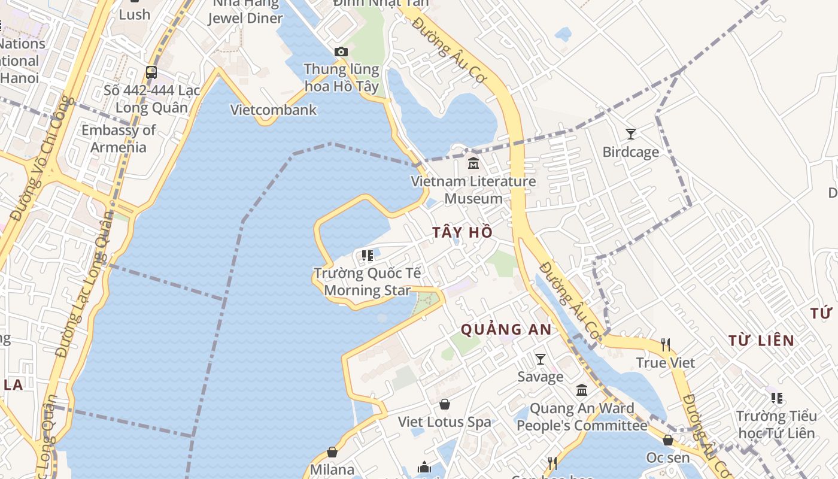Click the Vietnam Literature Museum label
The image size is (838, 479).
(473, 190)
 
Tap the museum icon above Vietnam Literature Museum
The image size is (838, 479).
(473, 163)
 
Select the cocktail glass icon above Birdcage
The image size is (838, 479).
(630, 134)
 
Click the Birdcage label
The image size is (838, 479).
(630, 152)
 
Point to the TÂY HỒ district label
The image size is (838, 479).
(463, 232)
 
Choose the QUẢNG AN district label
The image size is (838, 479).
(506, 329)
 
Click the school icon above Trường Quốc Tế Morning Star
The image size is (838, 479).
(367, 256)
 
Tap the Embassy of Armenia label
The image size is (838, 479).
(119, 139)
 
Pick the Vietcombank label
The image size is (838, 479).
(274, 110)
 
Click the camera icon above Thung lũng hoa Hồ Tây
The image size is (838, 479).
(341, 52)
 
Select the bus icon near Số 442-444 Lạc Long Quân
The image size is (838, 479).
(151, 72)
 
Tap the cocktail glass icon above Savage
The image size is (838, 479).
(540, 359)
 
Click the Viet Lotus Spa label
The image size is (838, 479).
(444, 422)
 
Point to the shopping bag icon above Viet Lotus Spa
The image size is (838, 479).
(444, 405)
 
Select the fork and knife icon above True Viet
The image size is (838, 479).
(665, 344)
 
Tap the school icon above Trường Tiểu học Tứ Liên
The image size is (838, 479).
(777, 398)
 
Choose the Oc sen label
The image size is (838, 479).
(667, 458)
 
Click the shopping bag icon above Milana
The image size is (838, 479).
(332, 452)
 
